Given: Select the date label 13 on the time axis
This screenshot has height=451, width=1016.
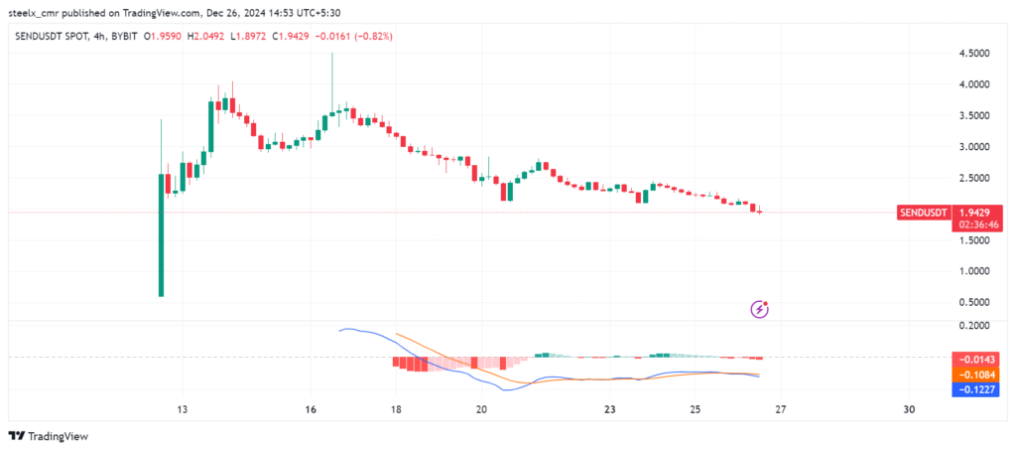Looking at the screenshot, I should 182,409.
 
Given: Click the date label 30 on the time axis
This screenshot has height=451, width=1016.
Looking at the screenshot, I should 910,409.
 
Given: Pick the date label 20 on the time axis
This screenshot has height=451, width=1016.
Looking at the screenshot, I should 481,409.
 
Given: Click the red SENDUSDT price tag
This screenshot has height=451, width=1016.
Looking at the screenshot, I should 923,213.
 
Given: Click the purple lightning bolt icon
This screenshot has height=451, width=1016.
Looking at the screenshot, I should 760,309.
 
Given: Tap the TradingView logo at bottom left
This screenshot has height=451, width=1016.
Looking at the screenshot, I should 50,436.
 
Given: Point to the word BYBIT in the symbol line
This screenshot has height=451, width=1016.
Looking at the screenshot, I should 122,37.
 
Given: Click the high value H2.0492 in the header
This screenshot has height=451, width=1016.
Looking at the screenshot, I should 210,37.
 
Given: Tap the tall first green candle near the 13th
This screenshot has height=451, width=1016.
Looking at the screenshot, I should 161,234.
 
